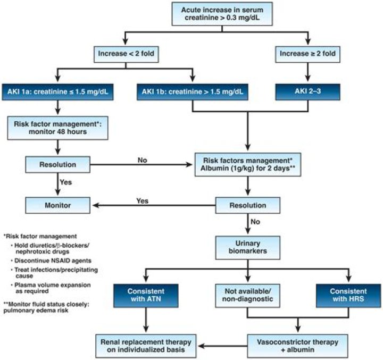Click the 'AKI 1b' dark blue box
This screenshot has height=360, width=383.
coord(192,91)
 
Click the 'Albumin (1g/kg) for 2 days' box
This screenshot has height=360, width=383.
coord(247,164)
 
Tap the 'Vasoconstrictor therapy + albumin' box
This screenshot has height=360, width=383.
coord(298,344)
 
